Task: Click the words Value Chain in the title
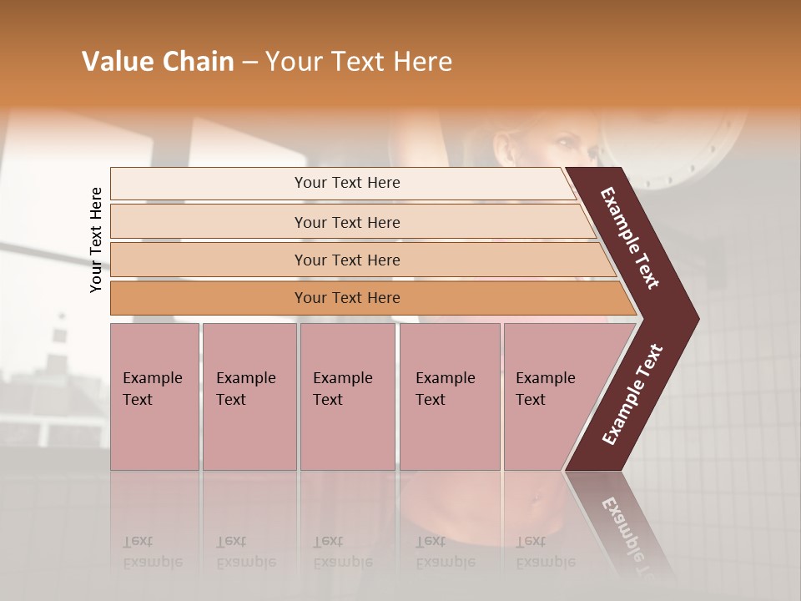158,62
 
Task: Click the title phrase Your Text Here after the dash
359,62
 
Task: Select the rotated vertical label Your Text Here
96,240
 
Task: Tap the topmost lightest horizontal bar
347,183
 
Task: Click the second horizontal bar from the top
347,222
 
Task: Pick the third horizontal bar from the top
347,260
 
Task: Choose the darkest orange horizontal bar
347,298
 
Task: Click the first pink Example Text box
154,396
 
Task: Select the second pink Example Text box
249,396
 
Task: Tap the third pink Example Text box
347,396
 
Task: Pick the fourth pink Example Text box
449,396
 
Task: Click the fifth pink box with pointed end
551,396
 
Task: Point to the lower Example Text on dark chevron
632,394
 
